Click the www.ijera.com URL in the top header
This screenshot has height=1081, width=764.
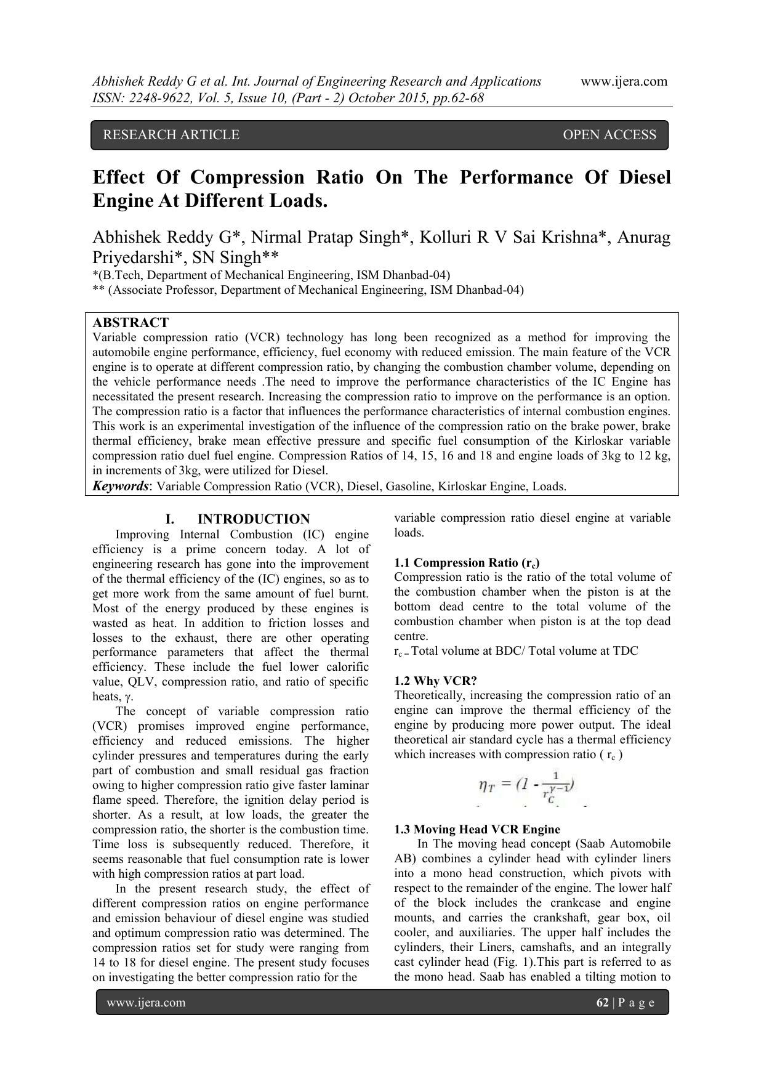click(x=624, y=81)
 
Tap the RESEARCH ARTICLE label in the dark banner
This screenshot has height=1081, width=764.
click(x=171, y=135)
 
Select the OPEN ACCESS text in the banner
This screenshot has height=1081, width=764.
click(x=609, y=135)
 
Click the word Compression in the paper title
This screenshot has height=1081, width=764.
click(x=247, y=177)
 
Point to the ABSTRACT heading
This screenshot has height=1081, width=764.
click(x=130, y=323)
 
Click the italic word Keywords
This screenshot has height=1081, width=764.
click(x=120, y=486)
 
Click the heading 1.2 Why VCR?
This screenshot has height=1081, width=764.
click(x=435, y=681)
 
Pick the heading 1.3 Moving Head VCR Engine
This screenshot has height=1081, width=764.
click(x=476, y=829)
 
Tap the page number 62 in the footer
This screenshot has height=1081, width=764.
click(x=602, y=1003)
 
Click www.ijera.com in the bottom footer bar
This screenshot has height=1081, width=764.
click(x=146, y=1003)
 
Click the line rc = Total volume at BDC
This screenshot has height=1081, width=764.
click(x=516, y=651)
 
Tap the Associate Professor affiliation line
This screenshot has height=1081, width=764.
click(x=308, y=289)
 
